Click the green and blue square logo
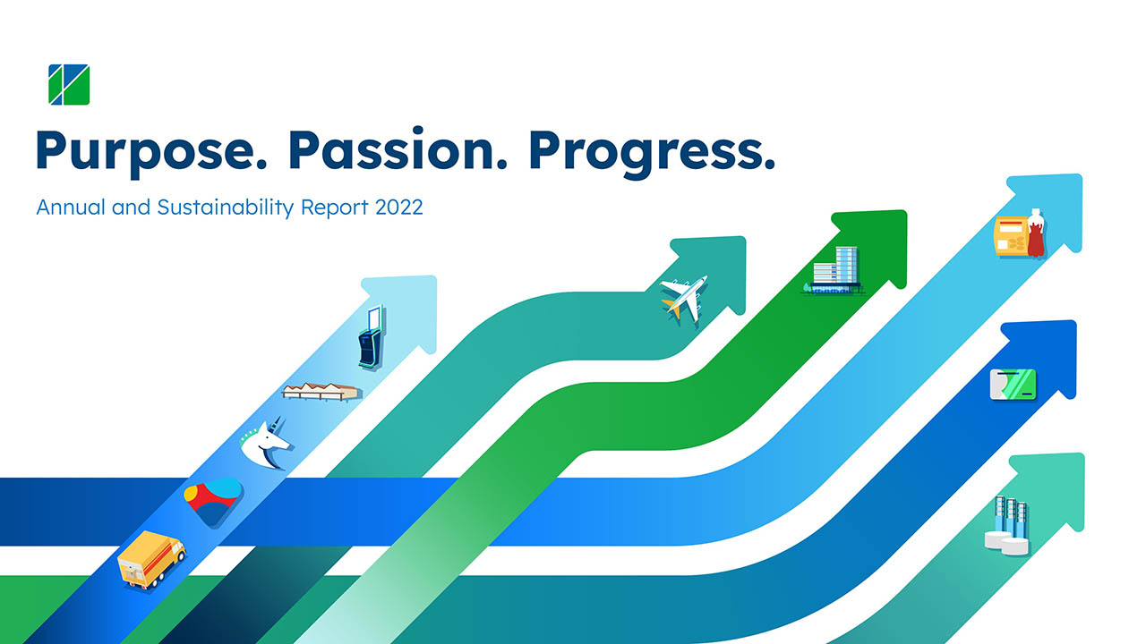point(69,84)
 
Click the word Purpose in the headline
point(151,152)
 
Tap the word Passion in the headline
point(398,148)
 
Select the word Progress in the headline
point(652,152)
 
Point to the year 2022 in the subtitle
point(399,208)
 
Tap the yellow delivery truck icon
point(151,560)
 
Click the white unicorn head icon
point(265,442)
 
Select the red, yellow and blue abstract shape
point(213,502)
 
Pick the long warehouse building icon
point(321,392)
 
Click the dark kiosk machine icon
point(371,337)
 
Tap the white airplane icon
point(685,300)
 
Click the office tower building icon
point(834,271)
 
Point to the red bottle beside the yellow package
point(1036,233)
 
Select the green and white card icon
point(1013,385)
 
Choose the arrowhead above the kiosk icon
point(402,313)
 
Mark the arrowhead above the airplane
point(711,274)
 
